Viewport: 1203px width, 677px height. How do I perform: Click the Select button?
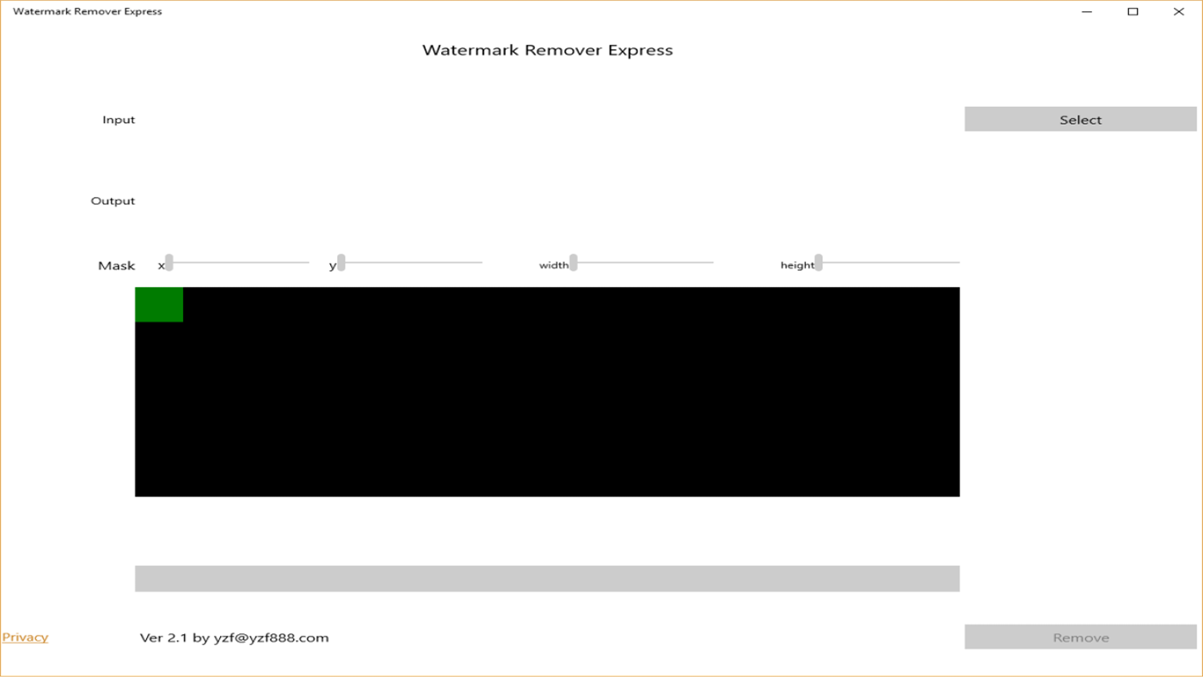pyautogui.click(x=1080, y=119)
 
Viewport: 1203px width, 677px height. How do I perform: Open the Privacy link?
pyautogui.click(x=25, y=637)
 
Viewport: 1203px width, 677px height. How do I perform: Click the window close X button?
pyautogui.click(x=1178, y=11)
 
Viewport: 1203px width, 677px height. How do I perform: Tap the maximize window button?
pyautogui.click(x=1132, y=11)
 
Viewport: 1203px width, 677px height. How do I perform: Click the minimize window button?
pyautogui.click(x=1087, y=11)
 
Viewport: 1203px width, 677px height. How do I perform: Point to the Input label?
pyautogui.click(x=119, y=120)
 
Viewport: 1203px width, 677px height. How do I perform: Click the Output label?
pyautogui.click(x=113, y=201)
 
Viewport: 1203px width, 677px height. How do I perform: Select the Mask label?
pyautogui.click(x=117, y=266)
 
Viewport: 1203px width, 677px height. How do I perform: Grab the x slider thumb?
pyautogui.click(x=169, y=262)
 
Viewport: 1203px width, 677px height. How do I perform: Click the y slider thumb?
pyautogui.click(x=341, y=262)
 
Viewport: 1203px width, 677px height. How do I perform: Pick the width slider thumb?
pyautogui.click(x=574, y=262)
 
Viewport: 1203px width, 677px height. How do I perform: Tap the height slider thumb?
pyautogui.click(x=819, y=262)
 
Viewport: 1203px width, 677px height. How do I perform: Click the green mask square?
pyautogui.click(x=159, y=305)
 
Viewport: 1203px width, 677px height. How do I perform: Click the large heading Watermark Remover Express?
pyautogui.click(x=547, y=50)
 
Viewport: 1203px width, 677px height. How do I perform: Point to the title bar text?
pyautogui.click(x=87, y=11)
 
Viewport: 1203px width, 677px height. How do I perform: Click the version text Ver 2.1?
pyautogui.click(x=163, y=637)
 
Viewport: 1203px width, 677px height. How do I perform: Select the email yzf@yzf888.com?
pyautogui.click(x=271, y=637)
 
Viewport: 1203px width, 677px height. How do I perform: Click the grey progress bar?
pyautogui.click(x=547, y=579)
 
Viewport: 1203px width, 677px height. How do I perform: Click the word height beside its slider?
pyautogui.click(x=797, y=265)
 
